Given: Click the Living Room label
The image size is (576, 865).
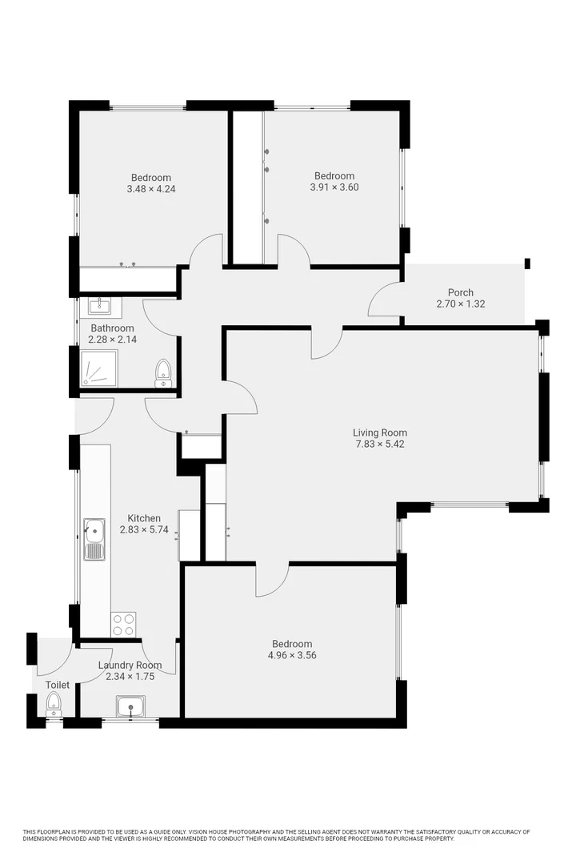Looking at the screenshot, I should [x=381, y=432].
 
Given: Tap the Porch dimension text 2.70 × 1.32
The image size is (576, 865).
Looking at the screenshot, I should [x=461, y=304].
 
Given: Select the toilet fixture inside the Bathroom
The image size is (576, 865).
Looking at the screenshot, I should [x=163, y=372].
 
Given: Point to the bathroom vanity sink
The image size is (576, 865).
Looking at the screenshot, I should [x=100, y=305].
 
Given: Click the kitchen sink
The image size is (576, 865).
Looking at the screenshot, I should [x=94, y=529].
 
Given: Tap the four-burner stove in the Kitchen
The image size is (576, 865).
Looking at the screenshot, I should [x=123, y=624].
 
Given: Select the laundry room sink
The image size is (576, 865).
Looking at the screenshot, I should [x=130, y=706].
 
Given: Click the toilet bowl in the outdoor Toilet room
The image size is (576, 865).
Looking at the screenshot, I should [x=54, y=704].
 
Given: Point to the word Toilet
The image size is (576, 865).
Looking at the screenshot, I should [x=58, y=686].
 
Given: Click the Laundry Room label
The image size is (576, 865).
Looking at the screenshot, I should [x=130, y=666].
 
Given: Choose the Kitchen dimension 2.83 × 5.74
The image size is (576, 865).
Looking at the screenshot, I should [x=144, y=529].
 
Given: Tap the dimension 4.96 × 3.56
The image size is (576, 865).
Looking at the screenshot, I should [x=291, y=655].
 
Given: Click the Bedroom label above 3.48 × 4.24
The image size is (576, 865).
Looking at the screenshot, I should [x=151, y=178].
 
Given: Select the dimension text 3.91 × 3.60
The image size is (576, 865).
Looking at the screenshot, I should [x=334, y=187].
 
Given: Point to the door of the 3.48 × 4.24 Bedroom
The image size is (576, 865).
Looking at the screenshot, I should [x=206, y=250].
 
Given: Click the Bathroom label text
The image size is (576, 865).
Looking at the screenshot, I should [x=112, y=328].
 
